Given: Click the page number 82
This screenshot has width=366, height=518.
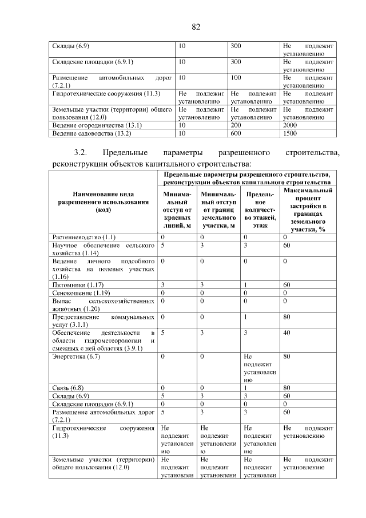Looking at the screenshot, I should click(x=195, y=26).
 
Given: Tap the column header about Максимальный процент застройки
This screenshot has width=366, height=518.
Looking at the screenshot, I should click(x=308, y=209).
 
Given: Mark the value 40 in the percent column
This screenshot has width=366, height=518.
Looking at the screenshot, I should click(x=287, y=331).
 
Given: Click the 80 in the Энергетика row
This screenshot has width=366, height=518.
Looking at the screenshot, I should click(x=287, y=357).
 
